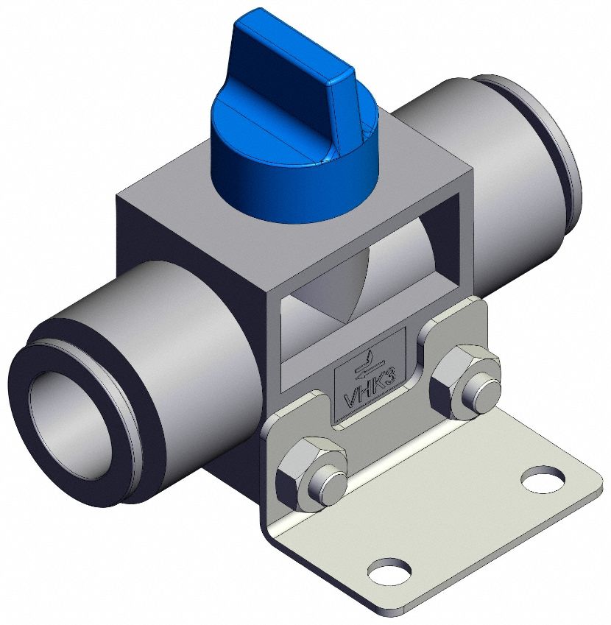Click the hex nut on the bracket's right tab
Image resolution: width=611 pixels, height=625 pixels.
coord(462,380)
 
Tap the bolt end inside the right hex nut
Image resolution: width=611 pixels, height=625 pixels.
coord(479,386)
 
